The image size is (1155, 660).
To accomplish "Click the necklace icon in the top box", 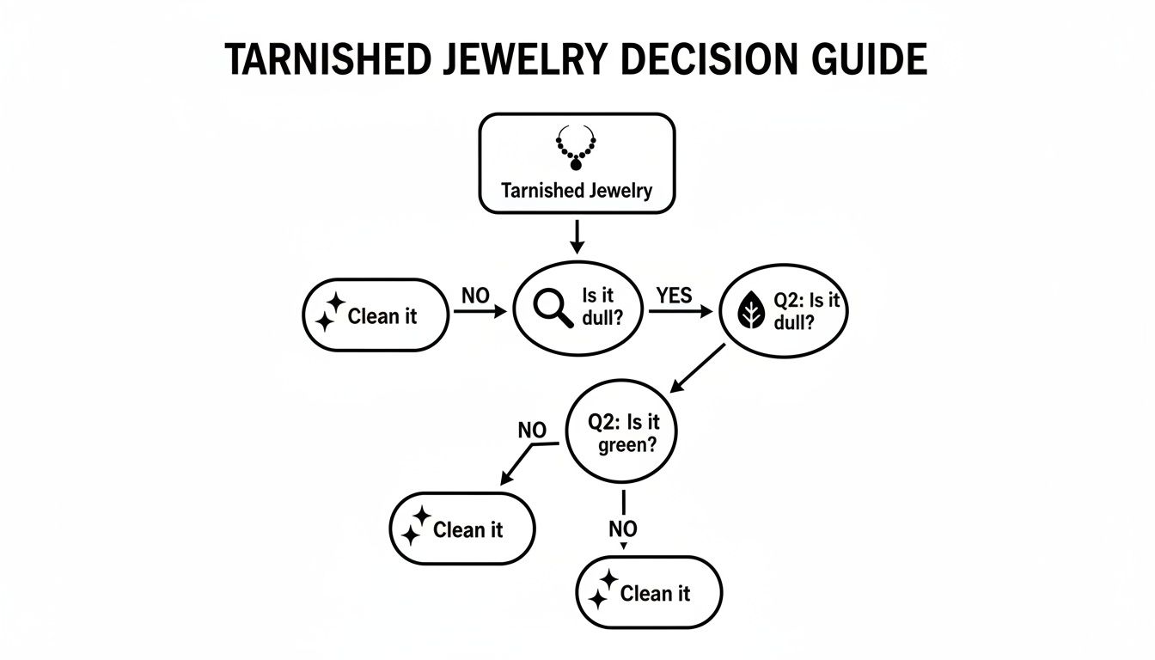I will (577, 147).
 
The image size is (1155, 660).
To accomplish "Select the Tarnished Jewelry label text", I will (577, 190).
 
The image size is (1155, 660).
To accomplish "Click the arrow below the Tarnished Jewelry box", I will (577, 235).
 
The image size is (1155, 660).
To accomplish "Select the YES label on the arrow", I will (673, 296).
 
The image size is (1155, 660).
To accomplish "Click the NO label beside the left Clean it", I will (475, 296).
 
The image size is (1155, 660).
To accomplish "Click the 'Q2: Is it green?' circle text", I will (620, 434).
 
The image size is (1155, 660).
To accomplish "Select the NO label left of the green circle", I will (532, 431).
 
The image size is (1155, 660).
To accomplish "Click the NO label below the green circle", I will (622, 530).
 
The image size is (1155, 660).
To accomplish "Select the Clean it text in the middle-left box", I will (467, 530).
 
